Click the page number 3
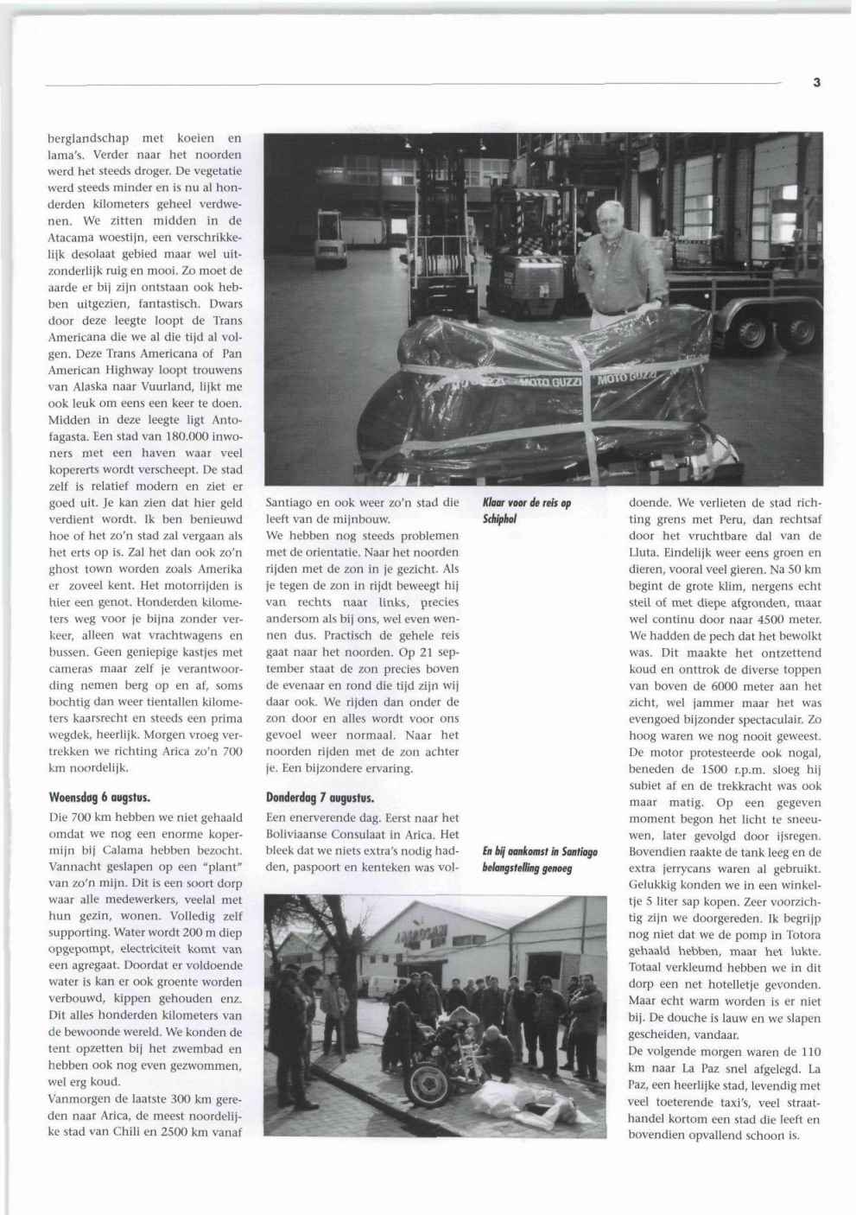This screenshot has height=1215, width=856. (x=816, y=83)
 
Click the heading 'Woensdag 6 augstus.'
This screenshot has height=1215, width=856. (x=99, y=798)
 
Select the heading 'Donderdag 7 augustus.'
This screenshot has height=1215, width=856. (x=320, y=798)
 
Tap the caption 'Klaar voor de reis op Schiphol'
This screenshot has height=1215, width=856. (x=526, y=511)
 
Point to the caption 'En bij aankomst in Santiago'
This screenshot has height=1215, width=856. (x=540, y=852)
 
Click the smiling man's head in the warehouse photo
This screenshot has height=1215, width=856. (x=610, y=219)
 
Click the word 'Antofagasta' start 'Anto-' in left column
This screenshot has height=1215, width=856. (x=227, y=420)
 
